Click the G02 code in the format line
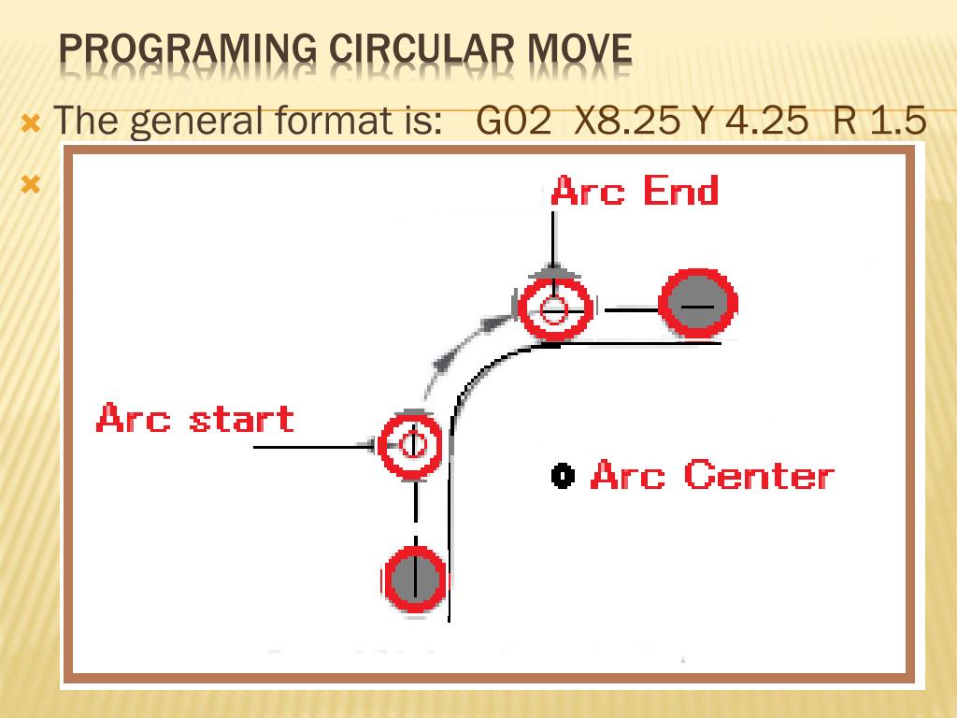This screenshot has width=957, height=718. click(513, 122)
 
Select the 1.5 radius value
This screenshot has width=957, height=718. click(898, 122)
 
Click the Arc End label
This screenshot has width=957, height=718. click(635, 191)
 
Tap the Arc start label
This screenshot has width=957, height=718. click(194, 418)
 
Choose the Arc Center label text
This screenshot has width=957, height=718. click(711, 475)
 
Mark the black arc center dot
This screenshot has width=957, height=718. click(562, 476)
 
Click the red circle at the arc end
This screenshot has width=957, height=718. click(555, 309)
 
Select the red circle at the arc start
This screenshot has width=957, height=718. click(411, 445)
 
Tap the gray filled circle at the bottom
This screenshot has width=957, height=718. click(414, 580)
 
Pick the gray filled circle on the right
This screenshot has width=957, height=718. click(698, 304)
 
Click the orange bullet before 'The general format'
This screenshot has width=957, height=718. click(31, 122)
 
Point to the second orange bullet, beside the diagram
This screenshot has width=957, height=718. click(31, 183)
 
